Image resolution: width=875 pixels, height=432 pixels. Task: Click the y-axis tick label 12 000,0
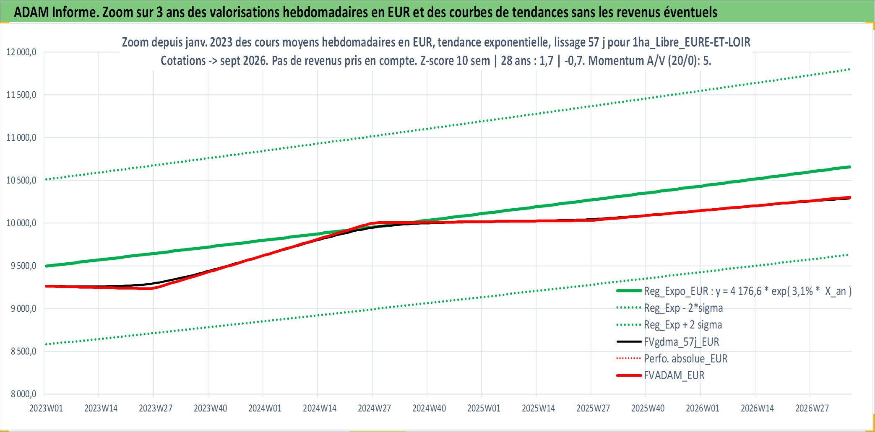[x=21, y=52]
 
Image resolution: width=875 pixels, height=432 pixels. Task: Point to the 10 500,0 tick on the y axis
[x=21, y=181]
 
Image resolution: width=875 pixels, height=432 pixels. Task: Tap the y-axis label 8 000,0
[x=23, y=394]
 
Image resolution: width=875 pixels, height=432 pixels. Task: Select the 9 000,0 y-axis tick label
[x=23, y=309]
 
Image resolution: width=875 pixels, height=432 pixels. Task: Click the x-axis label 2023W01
[x=46, y=408]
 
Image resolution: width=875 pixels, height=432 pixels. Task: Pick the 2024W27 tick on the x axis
[x=374, y=408]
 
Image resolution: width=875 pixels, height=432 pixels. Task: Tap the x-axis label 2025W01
[x=484, y=408]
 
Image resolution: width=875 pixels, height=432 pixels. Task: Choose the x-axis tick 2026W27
[x=812, y=408]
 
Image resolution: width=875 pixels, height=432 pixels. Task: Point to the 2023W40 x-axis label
[x=210, y=408]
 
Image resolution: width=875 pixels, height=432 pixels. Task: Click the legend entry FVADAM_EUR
[x=674, y=375]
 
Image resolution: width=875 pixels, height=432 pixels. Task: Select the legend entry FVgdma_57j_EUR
[x=682, y=342]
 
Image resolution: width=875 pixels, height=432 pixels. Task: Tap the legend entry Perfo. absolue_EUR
[x=686, y=359]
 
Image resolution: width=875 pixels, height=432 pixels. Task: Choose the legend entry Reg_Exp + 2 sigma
[x=683, y=325]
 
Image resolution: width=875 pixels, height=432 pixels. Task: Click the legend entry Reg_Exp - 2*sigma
[x=684, y=308]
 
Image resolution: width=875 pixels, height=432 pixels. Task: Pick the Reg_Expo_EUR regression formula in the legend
[x=748, y=291]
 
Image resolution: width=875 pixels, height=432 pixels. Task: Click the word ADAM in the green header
[x=31, y=12]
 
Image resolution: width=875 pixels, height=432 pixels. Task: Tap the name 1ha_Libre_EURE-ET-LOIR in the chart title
[x=691, y=42]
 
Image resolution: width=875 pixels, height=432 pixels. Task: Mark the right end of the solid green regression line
[x=850, y=167]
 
